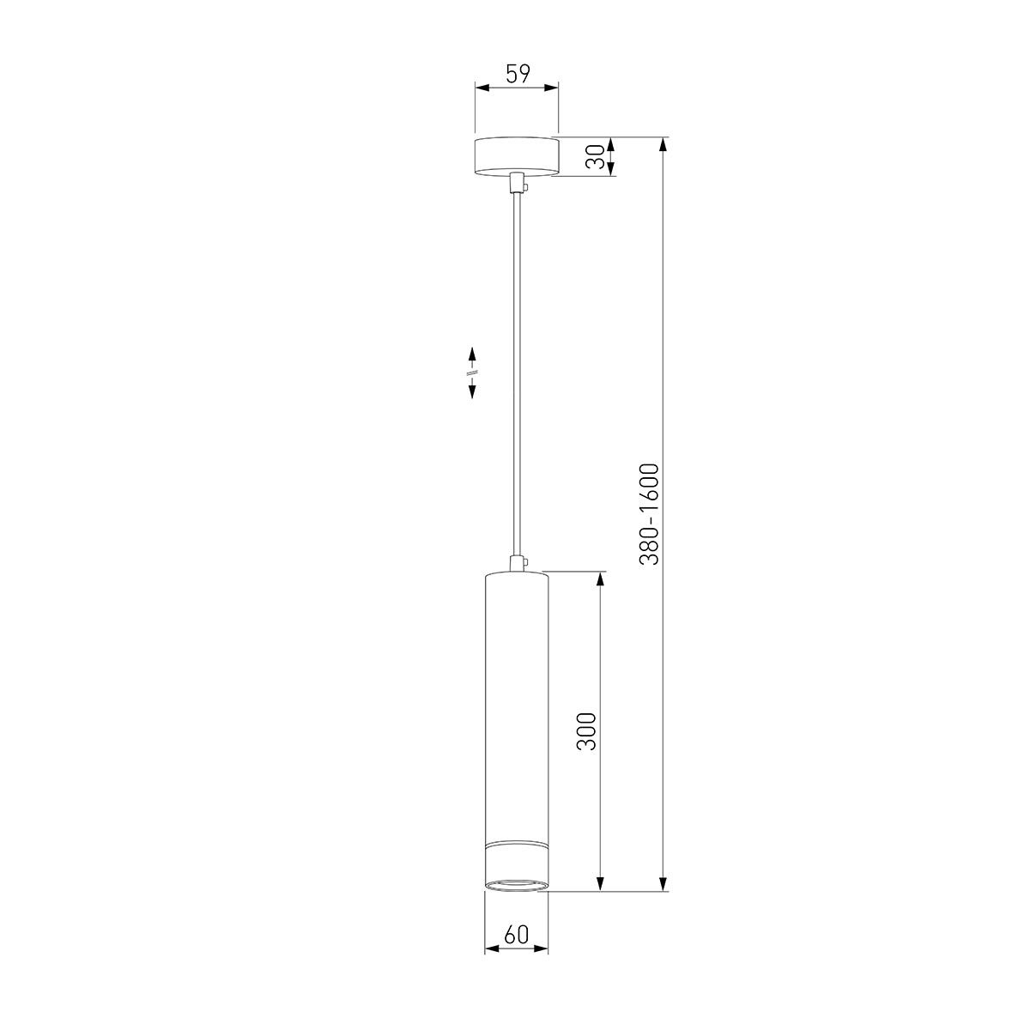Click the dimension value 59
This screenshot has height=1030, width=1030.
coord(517,74)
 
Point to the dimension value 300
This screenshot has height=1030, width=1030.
coord(586,731)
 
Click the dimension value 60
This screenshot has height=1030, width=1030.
coord(516,935)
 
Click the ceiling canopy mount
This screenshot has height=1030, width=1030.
coord(516,156)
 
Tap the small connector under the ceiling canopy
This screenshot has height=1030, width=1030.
coord(516,185)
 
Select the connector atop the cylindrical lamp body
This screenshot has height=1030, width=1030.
coord(516,564)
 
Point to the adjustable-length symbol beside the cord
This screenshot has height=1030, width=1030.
coord(472,372)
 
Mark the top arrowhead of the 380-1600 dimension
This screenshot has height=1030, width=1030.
coord(663,144)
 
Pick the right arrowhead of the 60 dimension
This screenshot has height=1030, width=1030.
coord(542,948)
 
